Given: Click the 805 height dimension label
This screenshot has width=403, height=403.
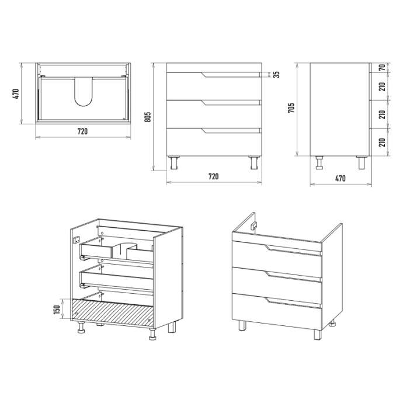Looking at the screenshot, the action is click(148, 117).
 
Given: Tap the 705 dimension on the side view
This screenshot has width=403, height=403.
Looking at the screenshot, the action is click(291, 108).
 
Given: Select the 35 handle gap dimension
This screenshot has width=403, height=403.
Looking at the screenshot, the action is click(276, 75).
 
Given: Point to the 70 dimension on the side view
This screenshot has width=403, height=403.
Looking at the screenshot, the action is click(383, 68).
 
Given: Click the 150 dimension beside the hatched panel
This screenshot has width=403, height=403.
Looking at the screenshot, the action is click(57, 309).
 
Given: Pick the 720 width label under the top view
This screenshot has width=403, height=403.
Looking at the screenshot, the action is click(82, 131).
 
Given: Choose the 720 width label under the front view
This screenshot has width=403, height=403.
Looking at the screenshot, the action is click(214, 176).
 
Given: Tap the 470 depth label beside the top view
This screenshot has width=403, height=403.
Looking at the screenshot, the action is click(15, 94).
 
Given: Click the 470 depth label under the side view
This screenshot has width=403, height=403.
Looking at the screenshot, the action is click(341, 178).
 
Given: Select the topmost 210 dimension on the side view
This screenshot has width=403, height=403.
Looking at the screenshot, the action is click(383, 86).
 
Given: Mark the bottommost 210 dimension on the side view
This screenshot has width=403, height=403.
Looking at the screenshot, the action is click(383, 143).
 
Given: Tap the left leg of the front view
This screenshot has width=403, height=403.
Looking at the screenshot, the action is click(174, 162).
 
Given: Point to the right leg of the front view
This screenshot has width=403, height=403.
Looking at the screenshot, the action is click(255, 162).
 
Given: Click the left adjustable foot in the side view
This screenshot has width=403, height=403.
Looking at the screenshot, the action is click(320, 162).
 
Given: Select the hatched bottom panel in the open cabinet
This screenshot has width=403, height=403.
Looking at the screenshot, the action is click(113, 313).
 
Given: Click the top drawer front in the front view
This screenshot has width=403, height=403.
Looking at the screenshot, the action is click(214, 86).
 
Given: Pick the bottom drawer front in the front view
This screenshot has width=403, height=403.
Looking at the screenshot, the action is click(214, 142).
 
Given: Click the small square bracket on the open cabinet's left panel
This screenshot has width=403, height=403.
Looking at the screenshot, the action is click(77, 240).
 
